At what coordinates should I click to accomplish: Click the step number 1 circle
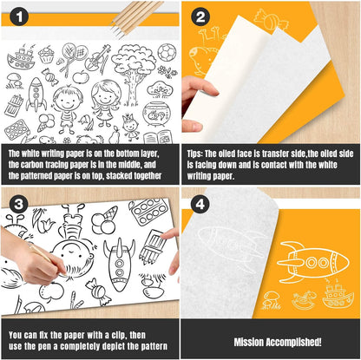(x=19, y=16)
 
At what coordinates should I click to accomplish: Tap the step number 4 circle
(x=200, y=205)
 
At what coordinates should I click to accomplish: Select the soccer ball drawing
(x=167, y=52)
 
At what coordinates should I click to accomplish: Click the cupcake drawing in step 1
(x=46, y=55)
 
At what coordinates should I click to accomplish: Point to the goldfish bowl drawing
(x=155, y=114)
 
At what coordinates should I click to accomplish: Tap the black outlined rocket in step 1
(x=36, y=95)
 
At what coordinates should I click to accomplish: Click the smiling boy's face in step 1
(x=68, y=100)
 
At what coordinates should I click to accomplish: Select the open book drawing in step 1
(x=158, y=137)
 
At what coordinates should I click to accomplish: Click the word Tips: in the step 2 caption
(x=195, y=154)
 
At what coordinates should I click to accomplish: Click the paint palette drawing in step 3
(x=148, y=212)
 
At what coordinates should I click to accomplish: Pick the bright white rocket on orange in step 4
(x=312, y=262)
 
